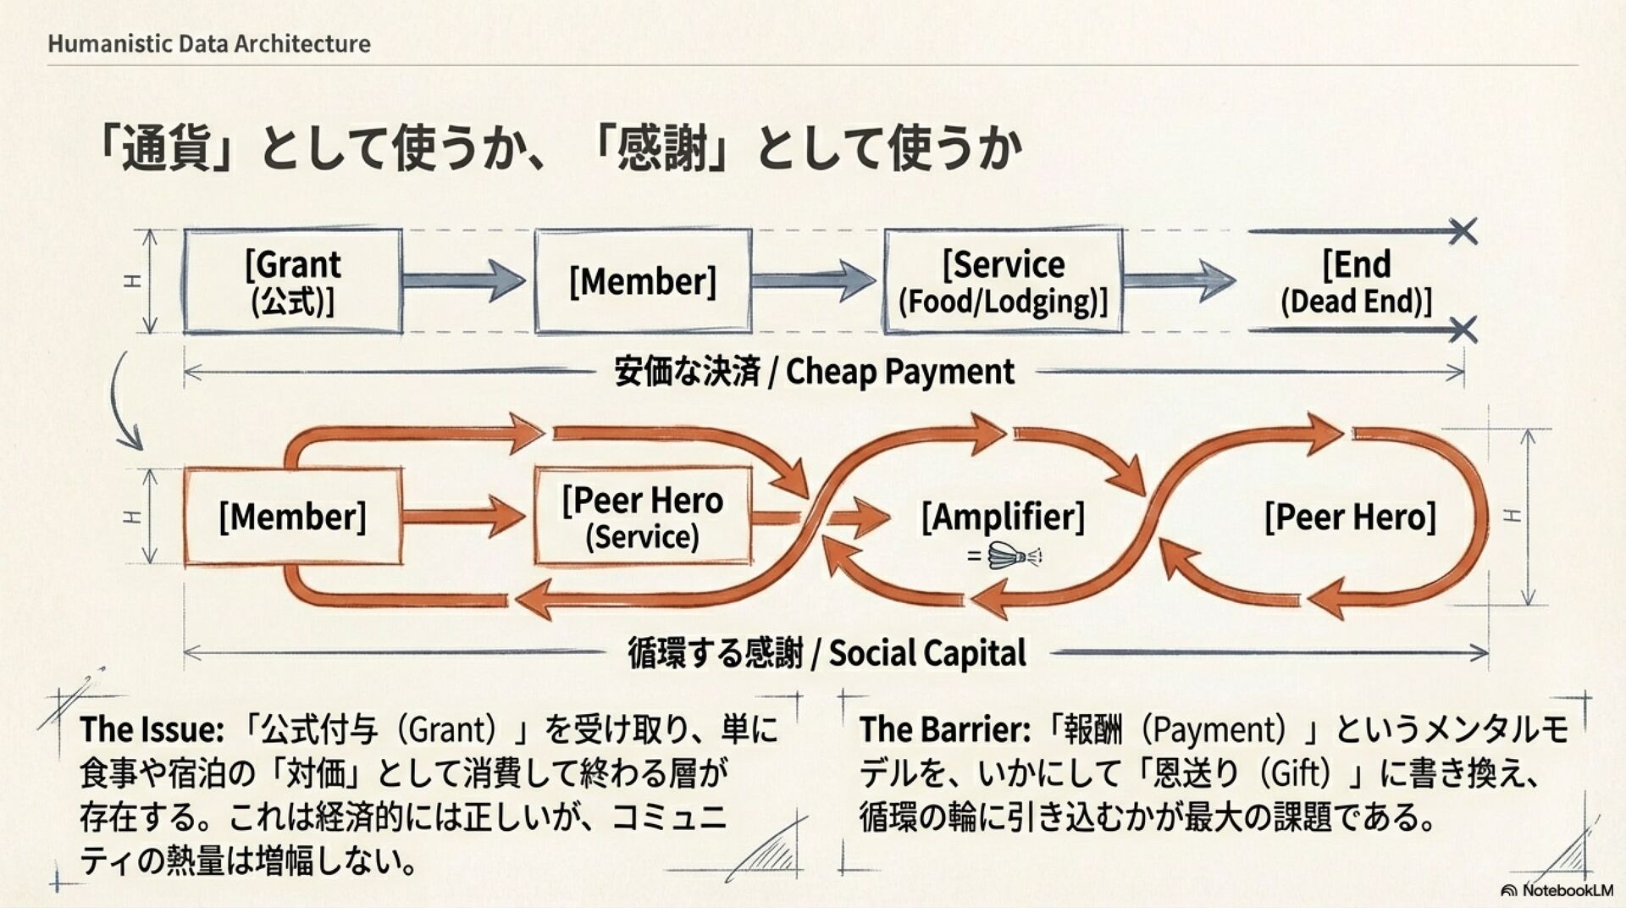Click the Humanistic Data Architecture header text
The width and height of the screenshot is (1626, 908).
(209, 44)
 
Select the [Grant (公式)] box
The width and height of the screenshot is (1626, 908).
(293, 281)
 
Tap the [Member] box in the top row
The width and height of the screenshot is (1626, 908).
(643, 281)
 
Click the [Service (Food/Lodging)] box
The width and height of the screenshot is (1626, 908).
(1004, 281)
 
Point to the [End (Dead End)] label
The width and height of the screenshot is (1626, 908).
(1356, 281)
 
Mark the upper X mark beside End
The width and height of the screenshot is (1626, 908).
(1463, 231)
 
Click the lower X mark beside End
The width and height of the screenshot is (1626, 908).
(1463, 329)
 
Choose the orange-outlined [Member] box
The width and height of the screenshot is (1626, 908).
(293, 517)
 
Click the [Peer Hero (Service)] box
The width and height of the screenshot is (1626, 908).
(643, 517)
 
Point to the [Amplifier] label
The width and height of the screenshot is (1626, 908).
(1003, 516)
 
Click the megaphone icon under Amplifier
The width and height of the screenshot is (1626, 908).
(1014, 556)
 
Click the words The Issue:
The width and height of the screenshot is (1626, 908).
(152, 729)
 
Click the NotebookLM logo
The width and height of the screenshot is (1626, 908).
(1557, 890)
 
